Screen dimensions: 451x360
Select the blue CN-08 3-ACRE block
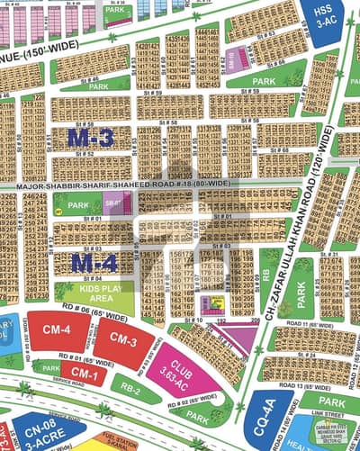coord(40,437)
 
